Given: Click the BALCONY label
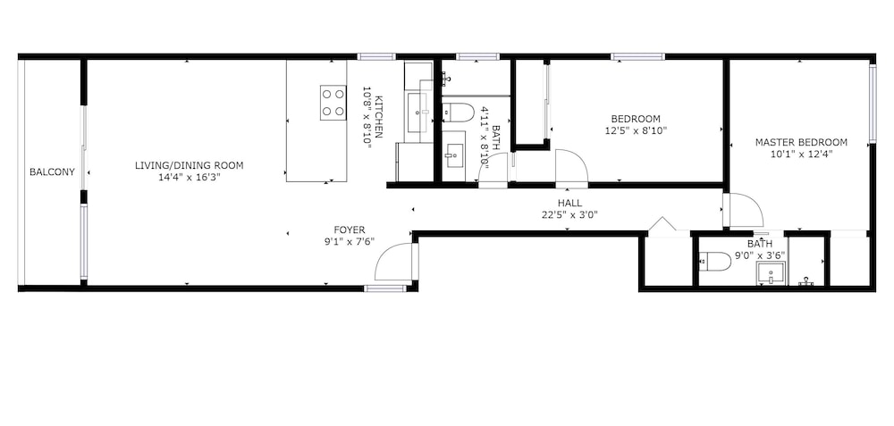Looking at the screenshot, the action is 52,172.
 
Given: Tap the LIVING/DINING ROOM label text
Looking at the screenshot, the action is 190,166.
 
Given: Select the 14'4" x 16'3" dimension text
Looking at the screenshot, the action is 190,178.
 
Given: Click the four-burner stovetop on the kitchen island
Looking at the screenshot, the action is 333,103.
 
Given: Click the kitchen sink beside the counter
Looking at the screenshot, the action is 420,113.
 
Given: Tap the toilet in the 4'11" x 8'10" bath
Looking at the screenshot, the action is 459,113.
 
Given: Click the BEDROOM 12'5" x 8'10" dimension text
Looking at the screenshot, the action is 636,130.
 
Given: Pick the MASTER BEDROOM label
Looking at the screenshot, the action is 801,142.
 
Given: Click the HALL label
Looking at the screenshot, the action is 569,204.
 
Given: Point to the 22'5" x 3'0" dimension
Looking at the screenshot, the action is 569,215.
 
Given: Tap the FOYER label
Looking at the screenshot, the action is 350,230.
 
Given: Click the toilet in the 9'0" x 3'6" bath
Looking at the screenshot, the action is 715,262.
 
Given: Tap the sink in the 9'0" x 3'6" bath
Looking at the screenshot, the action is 771,273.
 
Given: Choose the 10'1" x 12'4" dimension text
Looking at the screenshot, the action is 800,155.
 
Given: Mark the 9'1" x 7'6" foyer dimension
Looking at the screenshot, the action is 350,241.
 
